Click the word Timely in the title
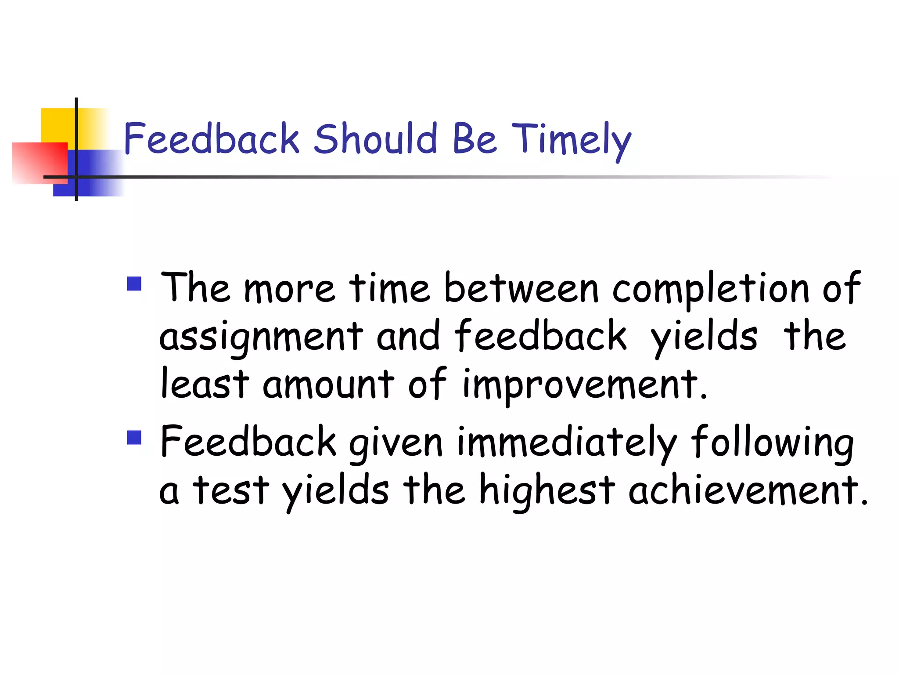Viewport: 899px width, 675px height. pyautogui.click(x=571, y=140)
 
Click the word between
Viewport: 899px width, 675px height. pyautogui.click(x=521, y=288)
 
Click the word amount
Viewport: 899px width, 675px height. pyautogui.click(x=328, y=385)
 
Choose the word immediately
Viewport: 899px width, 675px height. pyautogui.click(x=567, y=443)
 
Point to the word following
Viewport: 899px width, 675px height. pyautogui.click(x=772, y=443)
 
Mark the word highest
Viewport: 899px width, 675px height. pyautogui.click(x=547, y=491)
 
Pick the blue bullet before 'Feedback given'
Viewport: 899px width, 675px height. pyautogui.click(x=134, y=437)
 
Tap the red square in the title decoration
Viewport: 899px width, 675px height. pyautogui.click(x=40, y=163)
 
